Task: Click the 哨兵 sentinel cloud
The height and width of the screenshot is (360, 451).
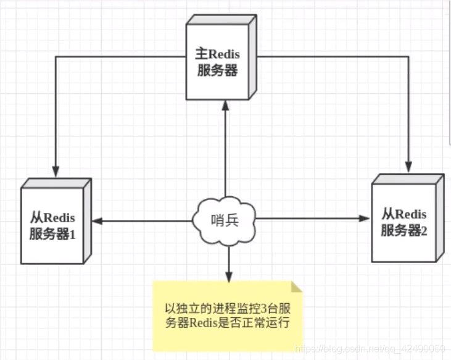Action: click(x=223, y=220)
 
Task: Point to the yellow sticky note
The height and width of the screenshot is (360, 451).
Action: click(x=228, y=315)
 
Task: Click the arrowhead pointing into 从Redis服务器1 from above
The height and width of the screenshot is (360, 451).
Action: click(x=56, y=171)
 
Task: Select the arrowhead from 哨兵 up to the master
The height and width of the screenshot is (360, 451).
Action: click(x=225, y=106)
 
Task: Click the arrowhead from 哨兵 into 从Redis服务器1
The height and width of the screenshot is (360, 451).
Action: click(x=97, y=220)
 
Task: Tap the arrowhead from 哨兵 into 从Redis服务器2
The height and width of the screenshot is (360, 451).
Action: click(x=364, y=219)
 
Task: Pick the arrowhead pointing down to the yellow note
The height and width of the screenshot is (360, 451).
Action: click(x=228, y=276)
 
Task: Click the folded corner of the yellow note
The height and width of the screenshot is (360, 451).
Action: click(x=298, y=287)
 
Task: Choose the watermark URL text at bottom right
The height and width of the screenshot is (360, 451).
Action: click(x=370, y=349)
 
